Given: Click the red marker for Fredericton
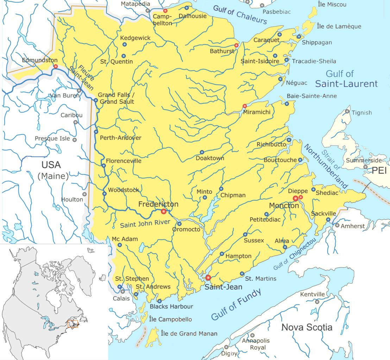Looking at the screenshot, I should coord(163,211).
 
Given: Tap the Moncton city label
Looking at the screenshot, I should coord(284,205).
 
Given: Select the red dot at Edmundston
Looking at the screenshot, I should coord(56,66).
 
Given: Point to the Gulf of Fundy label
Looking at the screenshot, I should coord(236,304).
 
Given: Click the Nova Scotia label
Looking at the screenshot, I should coord(307,327).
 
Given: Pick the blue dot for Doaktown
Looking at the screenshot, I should coord(202,152).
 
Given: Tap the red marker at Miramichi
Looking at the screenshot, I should coord(245,106).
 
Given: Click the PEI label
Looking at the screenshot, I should coord(379,171).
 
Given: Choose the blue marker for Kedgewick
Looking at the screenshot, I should coord(124,44).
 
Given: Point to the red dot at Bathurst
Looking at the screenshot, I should coord(236,45).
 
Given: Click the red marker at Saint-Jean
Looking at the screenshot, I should coord(208,278).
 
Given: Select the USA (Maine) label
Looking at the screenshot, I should coord(53,170).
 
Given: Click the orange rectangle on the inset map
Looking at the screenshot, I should coord(73,323).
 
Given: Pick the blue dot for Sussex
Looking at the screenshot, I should coord(245,234).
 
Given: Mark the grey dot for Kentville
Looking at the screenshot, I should coord(317,302).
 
